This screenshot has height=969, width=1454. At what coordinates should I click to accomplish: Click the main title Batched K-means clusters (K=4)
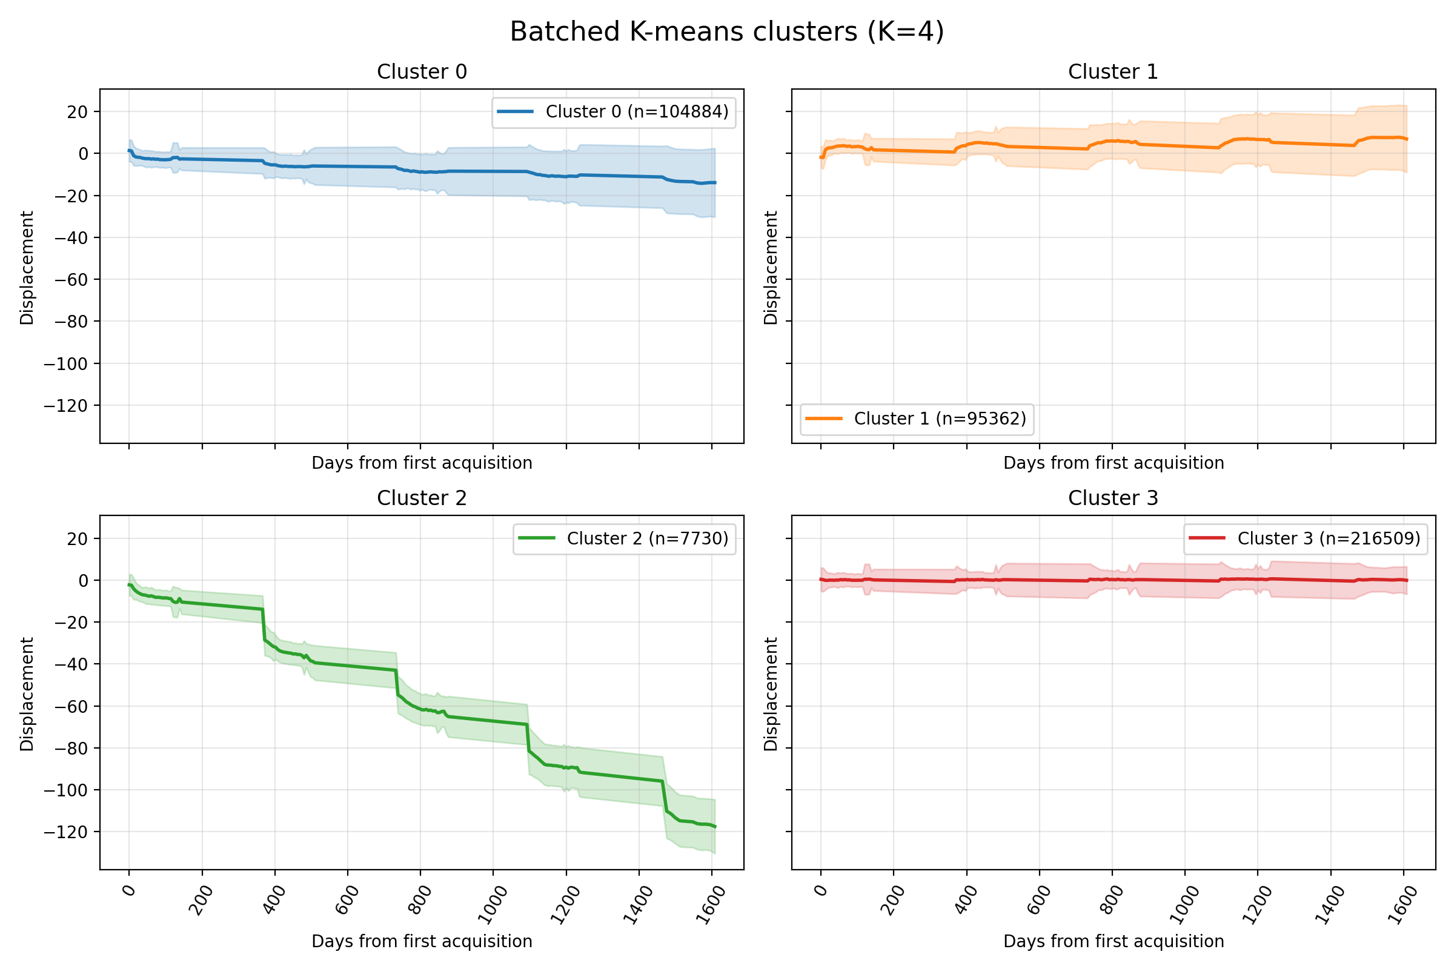(727, 32)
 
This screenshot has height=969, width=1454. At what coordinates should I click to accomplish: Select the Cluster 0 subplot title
(422, 71)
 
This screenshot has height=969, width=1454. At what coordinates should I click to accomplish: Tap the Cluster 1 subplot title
(1113, 71)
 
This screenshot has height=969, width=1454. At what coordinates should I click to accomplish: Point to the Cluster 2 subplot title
(422, 498)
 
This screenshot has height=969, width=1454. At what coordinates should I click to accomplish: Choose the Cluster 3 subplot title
(1113, 498)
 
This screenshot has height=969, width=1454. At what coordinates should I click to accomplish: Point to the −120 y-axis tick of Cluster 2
(66, 832)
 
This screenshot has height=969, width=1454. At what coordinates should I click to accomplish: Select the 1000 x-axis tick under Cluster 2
(494, 904)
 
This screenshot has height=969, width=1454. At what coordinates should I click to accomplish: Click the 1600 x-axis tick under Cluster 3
(1403, 904)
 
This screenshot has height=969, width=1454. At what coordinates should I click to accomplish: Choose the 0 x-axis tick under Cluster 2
(129, 890)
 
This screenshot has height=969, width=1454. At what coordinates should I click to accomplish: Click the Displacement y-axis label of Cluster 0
(27, 268)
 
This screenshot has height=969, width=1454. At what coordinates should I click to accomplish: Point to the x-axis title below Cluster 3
(1114, 941)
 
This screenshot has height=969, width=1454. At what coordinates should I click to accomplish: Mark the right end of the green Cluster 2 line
(715, 826)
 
